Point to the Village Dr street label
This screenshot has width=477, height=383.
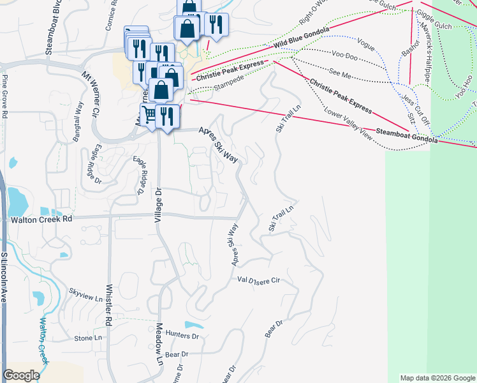pos(159,205)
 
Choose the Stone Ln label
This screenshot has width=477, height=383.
pos(88,338)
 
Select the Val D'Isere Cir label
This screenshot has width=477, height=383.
pos(259,280)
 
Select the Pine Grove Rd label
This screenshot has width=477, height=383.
pos(4,96)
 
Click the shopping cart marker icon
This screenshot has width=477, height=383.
pos(150,114)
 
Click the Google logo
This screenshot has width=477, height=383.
pos(21,375)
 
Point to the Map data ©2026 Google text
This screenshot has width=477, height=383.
pos(437,378)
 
